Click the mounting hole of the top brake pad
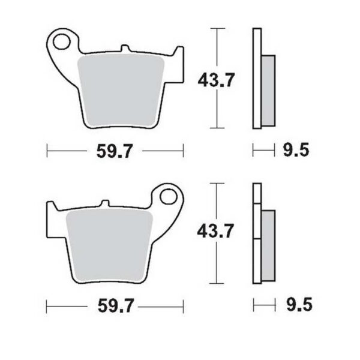[x=61, y=42]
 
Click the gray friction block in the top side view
[x=269, y=90]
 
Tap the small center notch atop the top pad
[x=124, y=49]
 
